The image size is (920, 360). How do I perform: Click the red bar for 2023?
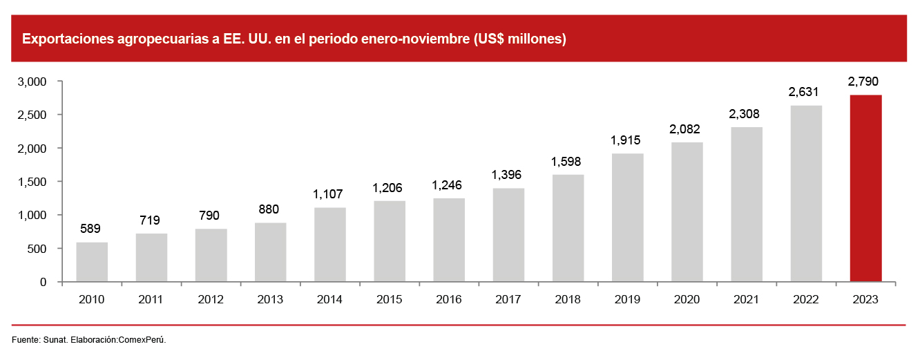(865, 188)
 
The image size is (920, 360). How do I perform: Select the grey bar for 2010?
(92, 262)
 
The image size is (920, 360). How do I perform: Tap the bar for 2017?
(508, 235)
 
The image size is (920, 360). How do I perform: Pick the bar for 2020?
(687, 212)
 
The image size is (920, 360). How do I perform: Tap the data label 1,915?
(627, 140)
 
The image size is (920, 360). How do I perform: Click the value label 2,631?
(806, 93)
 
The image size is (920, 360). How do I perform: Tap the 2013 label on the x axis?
(270, 299)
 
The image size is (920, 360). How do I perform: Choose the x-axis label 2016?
(449, 299)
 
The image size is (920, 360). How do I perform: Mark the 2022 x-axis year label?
(806, 299)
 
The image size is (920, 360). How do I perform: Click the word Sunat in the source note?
(55, 339)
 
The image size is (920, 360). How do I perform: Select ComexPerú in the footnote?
(142, 339)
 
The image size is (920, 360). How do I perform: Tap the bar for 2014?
(330, 245)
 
